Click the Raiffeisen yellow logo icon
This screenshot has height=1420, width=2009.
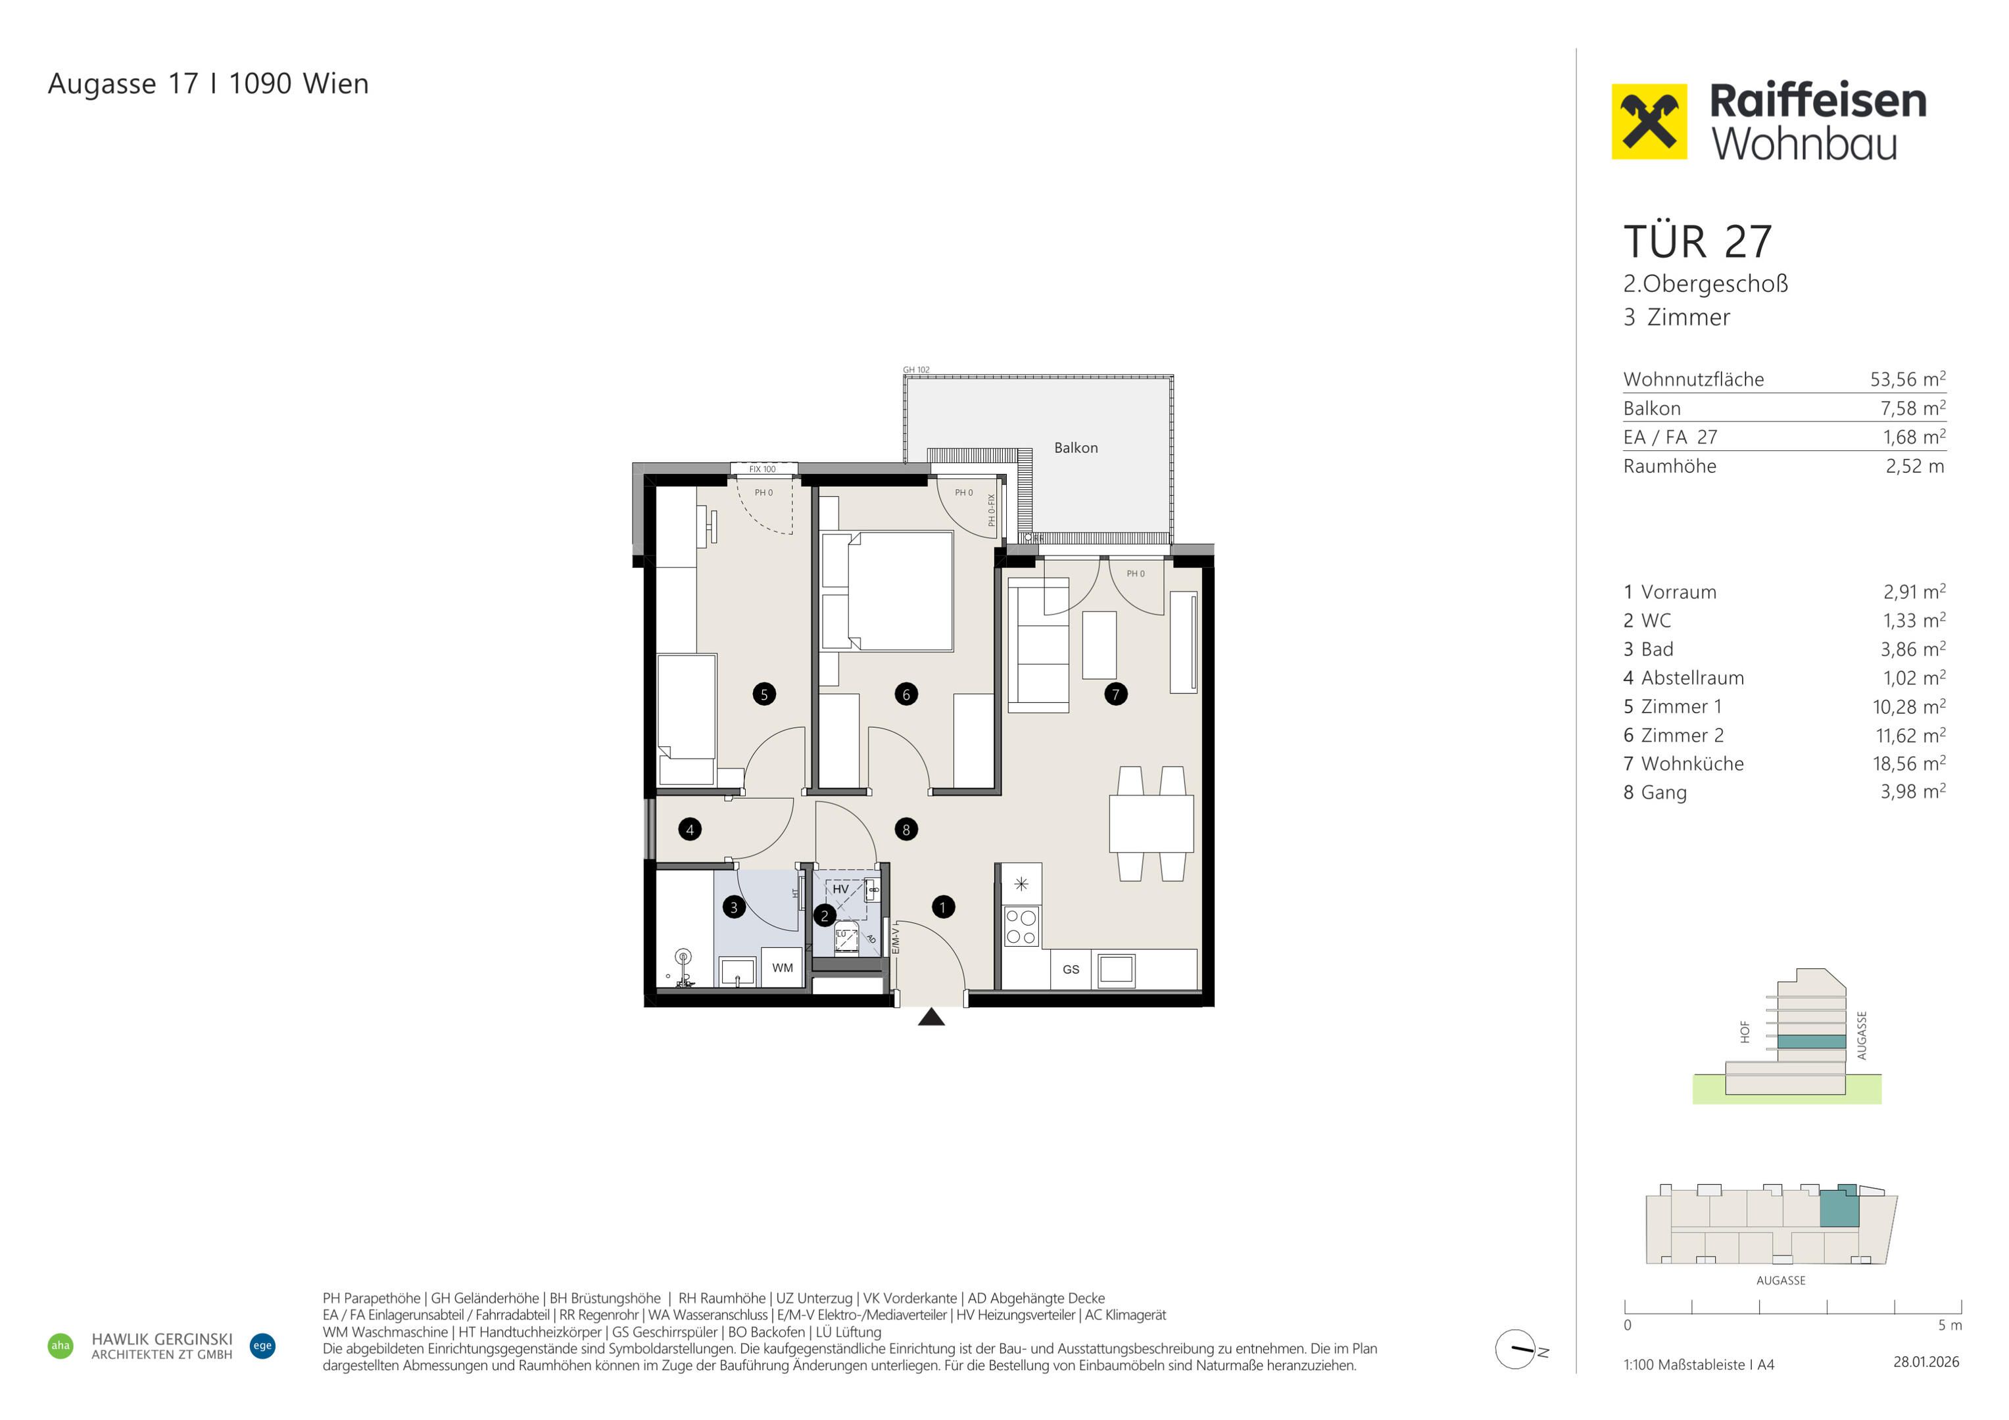(x=1649, y=122)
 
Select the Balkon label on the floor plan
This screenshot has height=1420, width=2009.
(x=1075, y=448)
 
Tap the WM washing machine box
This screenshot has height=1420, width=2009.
(x=783, y=968)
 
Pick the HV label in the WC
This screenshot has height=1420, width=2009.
(x=840, y=889)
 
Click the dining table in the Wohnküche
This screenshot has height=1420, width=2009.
(x=1151, y=823)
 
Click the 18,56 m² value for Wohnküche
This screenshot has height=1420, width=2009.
(x=1909, y=763)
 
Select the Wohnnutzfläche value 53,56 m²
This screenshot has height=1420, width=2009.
(x=1908, y=379)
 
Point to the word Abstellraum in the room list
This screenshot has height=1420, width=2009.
(x=1692, y=678)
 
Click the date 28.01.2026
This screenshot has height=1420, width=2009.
(x=1926, y=1361)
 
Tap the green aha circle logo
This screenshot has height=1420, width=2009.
(x=61, y=1346)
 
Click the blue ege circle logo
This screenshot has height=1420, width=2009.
(x=262, y=1346)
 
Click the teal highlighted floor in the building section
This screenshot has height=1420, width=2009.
(x=1811, y=1042)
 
